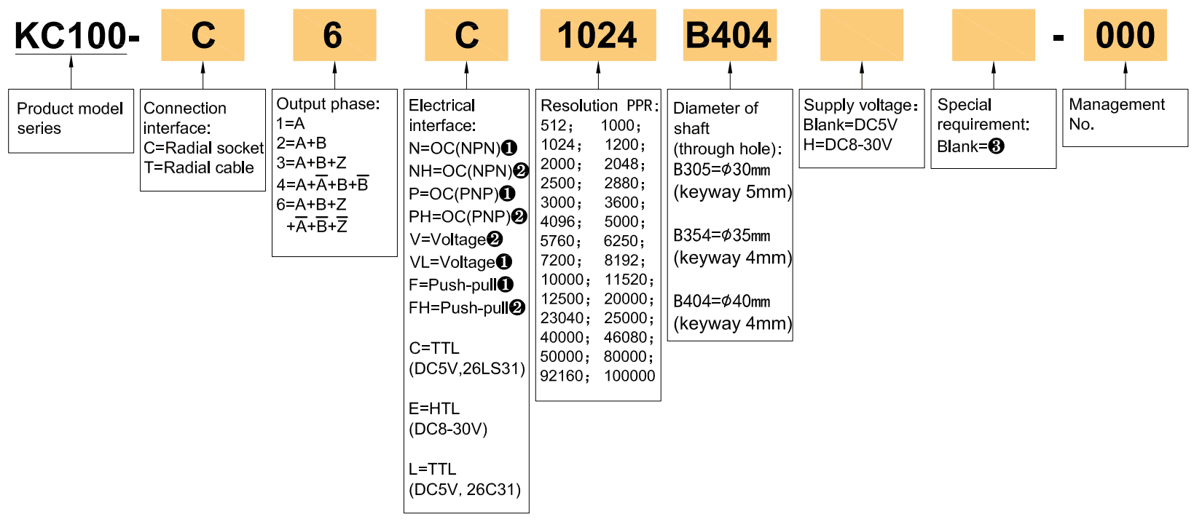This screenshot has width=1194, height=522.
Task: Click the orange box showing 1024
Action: point(597,35)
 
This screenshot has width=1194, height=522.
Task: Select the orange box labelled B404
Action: point(729,35)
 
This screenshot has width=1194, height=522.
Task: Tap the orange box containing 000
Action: point(1125,35)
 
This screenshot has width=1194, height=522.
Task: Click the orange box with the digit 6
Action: point(334,35)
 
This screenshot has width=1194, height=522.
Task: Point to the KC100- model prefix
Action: point(76,36)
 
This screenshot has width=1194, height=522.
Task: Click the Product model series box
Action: point(71,119)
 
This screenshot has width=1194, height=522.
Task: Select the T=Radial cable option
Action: point(199,167)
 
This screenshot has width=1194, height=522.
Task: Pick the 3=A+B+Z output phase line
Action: point(311,162)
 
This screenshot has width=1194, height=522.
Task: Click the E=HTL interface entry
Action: point(434,408)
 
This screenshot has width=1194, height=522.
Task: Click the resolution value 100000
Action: point(629,376)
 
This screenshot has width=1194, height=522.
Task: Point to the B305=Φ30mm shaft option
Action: point(721,170)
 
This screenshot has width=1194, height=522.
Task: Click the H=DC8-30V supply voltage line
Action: point(847,144)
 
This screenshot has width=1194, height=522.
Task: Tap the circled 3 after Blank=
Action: point(996,146)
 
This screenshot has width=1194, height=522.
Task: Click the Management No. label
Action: point(1116,114)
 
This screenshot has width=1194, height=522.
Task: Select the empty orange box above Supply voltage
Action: point(861,35)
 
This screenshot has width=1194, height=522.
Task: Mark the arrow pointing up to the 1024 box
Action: point(598,75)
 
